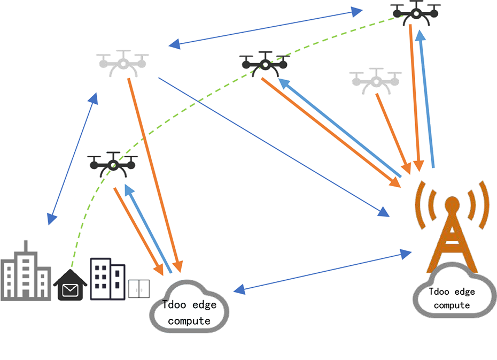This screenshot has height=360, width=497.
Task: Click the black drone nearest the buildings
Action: (113, 165)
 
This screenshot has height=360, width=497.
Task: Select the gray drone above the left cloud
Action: (123, 64)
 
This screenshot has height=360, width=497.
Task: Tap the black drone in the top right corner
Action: (416, 13)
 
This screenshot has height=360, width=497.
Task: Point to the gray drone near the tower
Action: (376, 81)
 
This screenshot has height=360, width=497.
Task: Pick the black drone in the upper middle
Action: (265, 64)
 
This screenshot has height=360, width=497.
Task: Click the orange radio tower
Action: (452, 227)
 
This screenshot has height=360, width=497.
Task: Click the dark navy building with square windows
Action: (108, 279)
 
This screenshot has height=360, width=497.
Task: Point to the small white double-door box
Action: (139, 289)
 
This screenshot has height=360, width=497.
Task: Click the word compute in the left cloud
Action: (189, 321)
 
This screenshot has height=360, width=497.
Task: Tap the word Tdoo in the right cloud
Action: (439, 292)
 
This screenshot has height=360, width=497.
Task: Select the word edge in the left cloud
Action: (205, 305)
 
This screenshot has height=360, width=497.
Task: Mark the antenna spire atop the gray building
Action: (26, 246)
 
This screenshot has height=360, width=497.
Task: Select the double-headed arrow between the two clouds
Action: (322, 272)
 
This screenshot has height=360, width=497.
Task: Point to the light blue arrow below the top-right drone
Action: (426, 98)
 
